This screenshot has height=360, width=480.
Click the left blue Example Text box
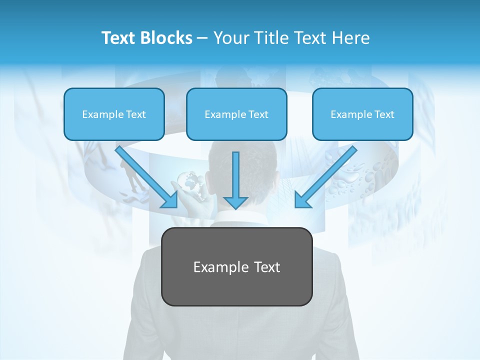(114, 114)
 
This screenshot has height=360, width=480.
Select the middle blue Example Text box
(236, 114)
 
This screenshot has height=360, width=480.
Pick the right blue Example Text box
(362, 114)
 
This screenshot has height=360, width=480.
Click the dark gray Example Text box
(236, 267)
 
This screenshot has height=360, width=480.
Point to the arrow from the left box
(145, 175)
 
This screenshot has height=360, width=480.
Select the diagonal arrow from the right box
(327, 175)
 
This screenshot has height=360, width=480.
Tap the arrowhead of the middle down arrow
(235, 202)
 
